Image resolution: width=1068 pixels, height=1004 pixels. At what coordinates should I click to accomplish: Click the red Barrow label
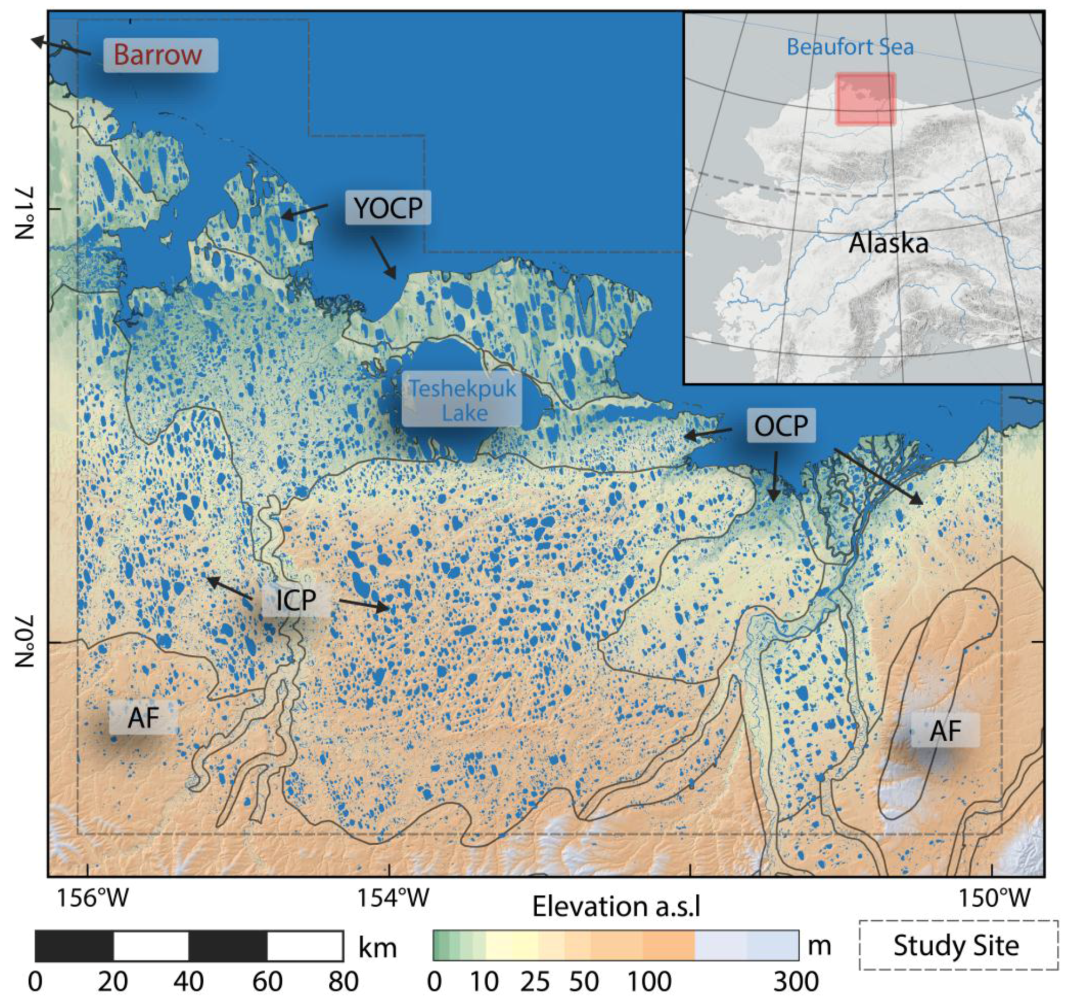point(160,55)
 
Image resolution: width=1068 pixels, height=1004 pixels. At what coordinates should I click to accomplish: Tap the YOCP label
point(388,207)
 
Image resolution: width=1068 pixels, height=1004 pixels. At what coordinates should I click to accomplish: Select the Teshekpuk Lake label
point(462,401)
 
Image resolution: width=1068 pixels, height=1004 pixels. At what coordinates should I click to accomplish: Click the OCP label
point(781,426)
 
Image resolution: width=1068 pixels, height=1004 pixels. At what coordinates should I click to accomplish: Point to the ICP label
point(296,600)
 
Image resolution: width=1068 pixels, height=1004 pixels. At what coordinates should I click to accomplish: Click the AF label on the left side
point(144,717)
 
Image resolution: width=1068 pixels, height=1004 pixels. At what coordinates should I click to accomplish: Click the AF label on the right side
point(945,731)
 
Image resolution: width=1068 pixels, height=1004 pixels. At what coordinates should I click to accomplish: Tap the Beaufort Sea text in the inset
point(850,47)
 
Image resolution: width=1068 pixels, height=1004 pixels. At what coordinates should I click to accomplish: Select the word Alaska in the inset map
point(888,243)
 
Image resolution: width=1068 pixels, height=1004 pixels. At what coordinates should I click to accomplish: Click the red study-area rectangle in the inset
point(866,99)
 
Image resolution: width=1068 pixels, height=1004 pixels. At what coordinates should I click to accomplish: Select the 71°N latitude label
point(25,212)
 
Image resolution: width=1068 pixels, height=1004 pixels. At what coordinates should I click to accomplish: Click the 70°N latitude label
point(25,642)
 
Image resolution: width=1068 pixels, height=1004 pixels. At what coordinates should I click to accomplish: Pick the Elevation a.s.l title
point(616,907)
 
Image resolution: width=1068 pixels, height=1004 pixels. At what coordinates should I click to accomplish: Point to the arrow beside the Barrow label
point(61,46)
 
